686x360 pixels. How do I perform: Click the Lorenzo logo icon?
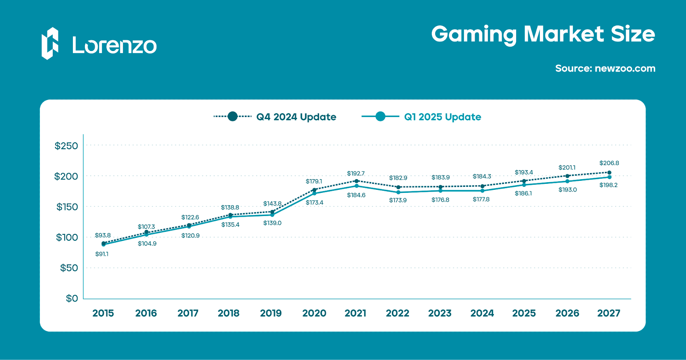coord(50,43)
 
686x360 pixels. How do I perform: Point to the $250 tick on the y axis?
coord(66,146)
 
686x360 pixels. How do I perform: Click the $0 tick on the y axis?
coord(72,298)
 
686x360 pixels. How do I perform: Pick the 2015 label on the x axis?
coord(103,313)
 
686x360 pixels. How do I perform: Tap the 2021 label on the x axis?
coord(355,313)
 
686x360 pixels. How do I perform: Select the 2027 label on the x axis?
coord(609,313)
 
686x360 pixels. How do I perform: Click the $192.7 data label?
coord(356,174)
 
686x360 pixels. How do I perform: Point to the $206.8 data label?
coord(609,163)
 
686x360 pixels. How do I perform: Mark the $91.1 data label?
coord(102,254)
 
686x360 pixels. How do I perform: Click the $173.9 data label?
coord(398,200)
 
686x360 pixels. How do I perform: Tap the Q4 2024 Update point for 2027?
coord(609,173)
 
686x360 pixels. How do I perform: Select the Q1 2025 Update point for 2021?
coord(356,186)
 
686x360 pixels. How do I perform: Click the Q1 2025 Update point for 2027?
coord(609,177)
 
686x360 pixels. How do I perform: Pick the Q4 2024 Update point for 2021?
coord(356,181)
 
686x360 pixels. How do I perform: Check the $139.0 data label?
coord(272,223)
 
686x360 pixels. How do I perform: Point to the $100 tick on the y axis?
coord(66,237)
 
